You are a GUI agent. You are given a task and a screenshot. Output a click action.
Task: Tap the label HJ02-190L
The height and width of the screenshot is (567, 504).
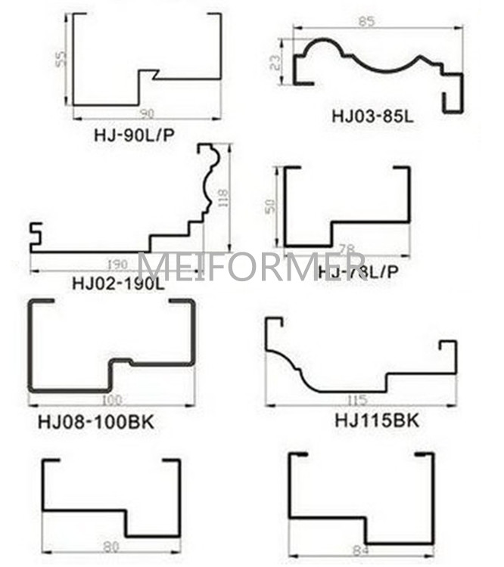117,284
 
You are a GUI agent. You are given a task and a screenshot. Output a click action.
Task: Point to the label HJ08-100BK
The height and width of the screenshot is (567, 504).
95,421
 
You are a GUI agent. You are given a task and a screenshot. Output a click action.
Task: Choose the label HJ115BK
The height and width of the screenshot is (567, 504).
376,420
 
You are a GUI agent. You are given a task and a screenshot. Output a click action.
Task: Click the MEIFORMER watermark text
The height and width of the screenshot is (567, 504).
252,267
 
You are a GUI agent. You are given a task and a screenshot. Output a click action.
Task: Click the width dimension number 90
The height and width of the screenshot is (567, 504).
146,113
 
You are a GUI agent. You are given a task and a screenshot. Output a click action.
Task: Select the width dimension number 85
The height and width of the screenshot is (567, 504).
366,22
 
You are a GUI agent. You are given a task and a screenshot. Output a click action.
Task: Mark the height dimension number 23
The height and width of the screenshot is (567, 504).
275,60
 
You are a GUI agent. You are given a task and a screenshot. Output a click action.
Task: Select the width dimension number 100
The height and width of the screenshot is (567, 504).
111,398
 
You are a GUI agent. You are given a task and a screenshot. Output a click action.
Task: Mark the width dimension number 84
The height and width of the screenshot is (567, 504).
361,551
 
